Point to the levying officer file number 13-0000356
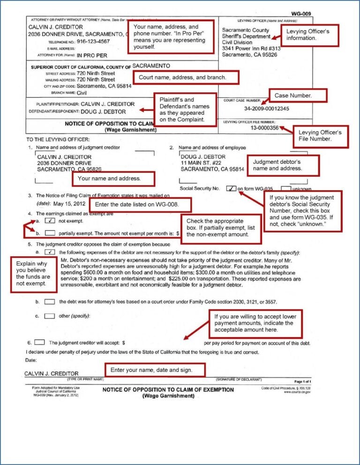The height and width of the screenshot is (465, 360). point(264,127)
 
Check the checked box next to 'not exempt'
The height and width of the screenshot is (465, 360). point(50,220)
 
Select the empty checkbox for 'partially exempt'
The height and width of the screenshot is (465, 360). point(50,232)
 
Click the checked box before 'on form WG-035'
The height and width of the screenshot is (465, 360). point(231,189)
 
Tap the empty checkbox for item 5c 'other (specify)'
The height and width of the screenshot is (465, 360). point(50,316)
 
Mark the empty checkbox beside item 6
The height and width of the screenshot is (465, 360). point(40,342)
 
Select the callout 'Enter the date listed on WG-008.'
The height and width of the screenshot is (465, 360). point(141,205)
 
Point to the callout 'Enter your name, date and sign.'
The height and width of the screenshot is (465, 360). point(155,370)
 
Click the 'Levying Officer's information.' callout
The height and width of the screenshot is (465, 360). point(310,35)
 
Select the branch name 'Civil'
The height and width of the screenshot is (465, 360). point(82,93)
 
